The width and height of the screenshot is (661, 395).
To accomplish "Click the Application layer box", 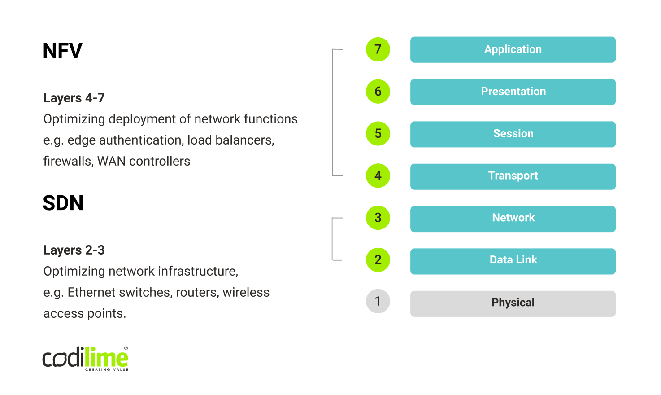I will coord(513,49).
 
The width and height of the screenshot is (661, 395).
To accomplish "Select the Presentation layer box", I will coord(513,92).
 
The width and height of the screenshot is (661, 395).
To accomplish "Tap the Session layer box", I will coord(513,134).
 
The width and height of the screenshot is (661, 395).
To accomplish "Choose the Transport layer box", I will coord(513,176).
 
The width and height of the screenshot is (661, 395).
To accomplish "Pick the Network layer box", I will coord(513,219).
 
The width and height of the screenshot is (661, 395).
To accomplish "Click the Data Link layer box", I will coord(513,261).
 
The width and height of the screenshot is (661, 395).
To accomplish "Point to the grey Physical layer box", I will coord(513,303).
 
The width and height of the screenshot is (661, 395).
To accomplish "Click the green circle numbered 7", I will coord(378,49).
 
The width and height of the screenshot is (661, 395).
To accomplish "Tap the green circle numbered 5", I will coord(378,134).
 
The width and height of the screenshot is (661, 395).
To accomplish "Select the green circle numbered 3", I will coord(378,218).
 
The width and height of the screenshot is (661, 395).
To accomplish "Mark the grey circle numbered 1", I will coord(378,301).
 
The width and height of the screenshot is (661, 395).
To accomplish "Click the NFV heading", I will coord(62,51).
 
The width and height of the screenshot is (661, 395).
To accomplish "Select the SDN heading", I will coord(63,203).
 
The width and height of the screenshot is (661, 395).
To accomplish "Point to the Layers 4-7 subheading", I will coord(74,98).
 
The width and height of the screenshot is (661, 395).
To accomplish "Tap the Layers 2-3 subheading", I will coord(74,250).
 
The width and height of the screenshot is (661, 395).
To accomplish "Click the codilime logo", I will coord(85,359).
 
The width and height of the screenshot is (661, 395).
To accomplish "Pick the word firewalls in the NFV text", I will coord(68,161).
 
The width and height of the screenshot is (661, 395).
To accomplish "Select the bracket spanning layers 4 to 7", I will coord(333,112).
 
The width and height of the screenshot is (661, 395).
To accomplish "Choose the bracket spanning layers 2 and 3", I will coord(332,239).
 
